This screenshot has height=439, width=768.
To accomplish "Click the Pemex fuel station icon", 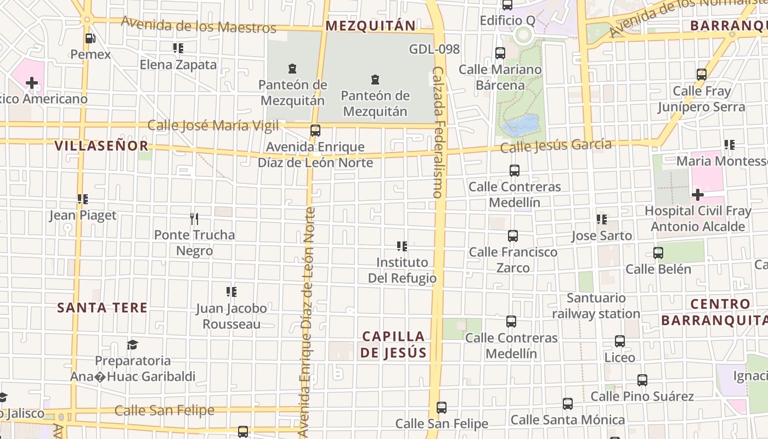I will click(91, 38).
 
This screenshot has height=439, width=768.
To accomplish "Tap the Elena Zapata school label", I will click(178, 65).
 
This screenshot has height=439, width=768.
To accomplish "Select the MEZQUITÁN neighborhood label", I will click(370, 25).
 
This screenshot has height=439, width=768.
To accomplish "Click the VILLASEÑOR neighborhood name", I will click(101, 145).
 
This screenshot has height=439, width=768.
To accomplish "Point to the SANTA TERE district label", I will click(102, 307).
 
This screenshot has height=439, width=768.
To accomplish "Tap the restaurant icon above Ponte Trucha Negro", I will click(194, 219).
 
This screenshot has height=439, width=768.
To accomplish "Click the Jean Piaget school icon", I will click(83, 199).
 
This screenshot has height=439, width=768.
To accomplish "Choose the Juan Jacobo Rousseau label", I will click(231, 316).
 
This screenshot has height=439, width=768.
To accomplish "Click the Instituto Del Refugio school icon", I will click(402, 246).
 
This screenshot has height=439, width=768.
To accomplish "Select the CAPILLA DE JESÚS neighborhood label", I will click(393, 344).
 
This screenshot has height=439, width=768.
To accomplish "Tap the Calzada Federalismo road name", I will click(438, 132).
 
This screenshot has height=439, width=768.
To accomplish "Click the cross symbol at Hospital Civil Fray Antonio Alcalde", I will click(697, 195).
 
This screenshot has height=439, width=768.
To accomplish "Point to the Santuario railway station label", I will click(596, 306).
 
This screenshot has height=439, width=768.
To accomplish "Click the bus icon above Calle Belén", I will click(658, 253).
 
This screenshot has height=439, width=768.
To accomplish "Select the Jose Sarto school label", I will click(601, 236).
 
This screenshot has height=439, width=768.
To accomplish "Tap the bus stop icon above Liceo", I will click(620, 341).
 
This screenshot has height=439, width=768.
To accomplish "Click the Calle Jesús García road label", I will click(556, 146).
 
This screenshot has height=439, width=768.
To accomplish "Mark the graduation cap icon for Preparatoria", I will click(132, 345).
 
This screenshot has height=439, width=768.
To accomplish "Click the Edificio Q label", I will click(507, 21).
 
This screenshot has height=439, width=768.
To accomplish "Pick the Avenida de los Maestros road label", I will click(199, 25).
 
